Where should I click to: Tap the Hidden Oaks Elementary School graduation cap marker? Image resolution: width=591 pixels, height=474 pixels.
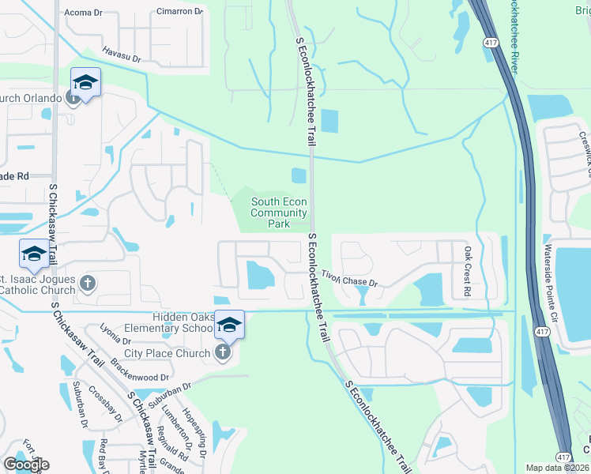click(x=229, y=325)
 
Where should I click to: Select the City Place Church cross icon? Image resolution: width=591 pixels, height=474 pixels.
click(x=224, y=352)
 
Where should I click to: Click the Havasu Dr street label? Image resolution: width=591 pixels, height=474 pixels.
click(x=121, y=55)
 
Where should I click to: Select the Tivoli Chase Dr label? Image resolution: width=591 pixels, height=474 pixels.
click(x=349, y=278)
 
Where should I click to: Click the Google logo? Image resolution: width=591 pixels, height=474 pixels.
click(x=25, y=464)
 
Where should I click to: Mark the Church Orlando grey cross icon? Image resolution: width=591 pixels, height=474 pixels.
click(x=73, y=98)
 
